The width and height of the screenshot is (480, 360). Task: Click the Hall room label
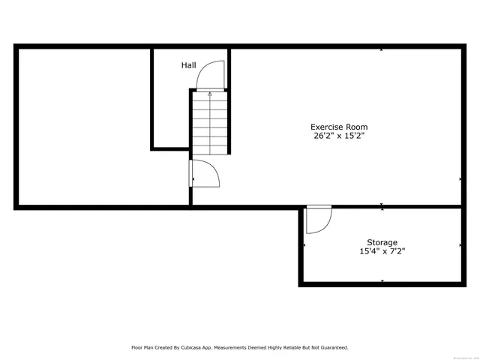(188, 66)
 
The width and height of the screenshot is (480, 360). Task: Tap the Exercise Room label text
(339, 127)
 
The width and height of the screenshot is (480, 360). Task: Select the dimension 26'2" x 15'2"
(339, 136)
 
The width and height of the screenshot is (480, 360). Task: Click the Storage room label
(382, 242)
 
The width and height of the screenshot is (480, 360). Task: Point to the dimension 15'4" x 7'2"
(382, 252)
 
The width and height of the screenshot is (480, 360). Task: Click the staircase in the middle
(209, 124)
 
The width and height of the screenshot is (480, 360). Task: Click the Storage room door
(319, 219)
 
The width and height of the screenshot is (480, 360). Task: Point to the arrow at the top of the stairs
(210, 94)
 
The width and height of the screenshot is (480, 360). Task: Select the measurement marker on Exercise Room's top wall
(382, 50)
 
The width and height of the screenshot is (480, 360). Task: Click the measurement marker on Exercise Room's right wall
(460, 179)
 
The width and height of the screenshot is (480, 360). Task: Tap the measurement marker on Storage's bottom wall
(382, 281)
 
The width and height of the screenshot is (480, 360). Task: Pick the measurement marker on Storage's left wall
(304, 245)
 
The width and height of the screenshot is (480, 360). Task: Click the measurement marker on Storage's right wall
(460, 245)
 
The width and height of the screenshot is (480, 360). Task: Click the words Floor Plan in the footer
(143, 347)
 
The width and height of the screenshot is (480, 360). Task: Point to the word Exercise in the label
(327, 127)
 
